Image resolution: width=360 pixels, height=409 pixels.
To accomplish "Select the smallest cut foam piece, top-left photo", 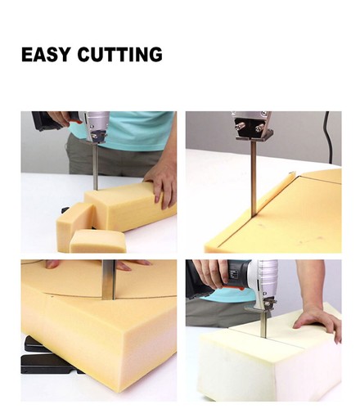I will [x=97, y=240].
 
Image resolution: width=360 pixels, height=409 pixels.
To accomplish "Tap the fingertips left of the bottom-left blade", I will [x=54, y=264].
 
